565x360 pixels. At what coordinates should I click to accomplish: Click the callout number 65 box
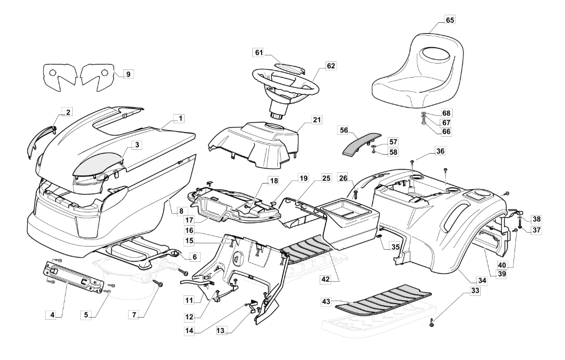[x=450, y=19]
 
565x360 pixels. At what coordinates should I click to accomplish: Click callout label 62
[x=331, y=66]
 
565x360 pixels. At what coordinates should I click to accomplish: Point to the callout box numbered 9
[x=127, y=73]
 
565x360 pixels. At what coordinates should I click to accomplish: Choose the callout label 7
[x=136, y=314]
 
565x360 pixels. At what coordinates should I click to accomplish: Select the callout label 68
[x=446, y=113]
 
